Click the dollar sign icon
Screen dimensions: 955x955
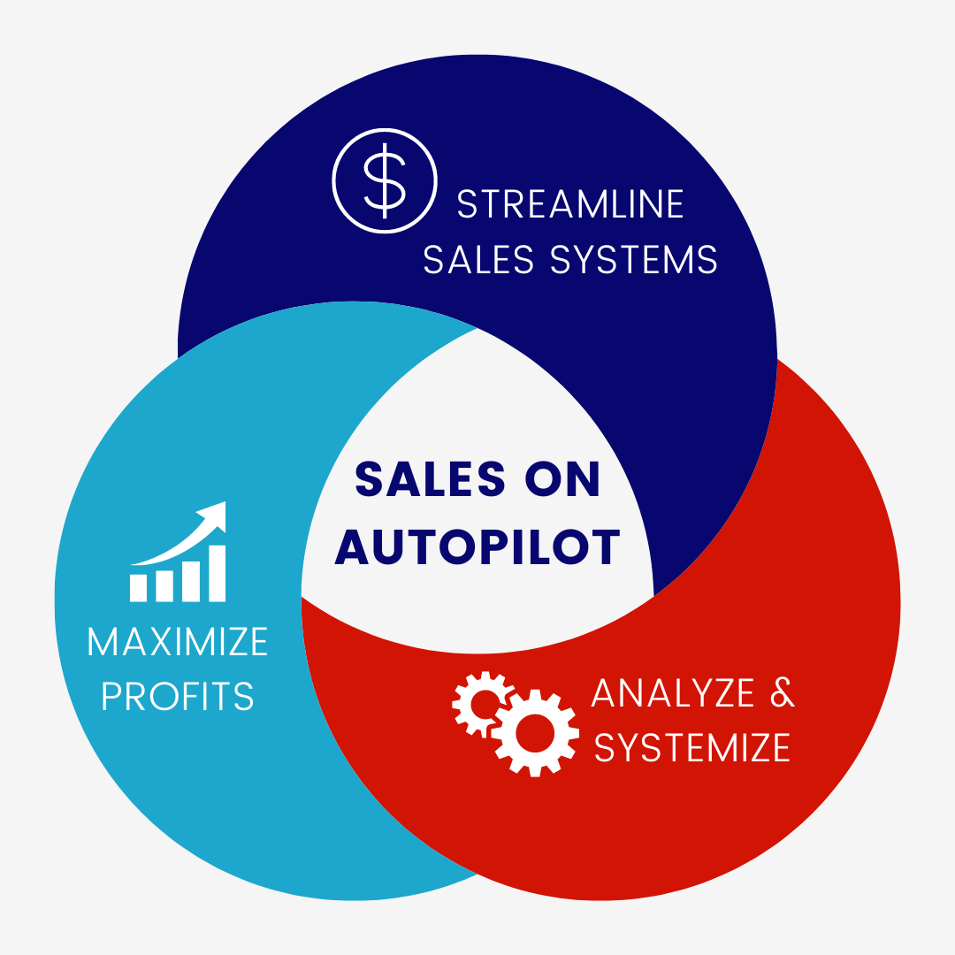click(x=384, y=180)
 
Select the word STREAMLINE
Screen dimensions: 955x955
click(x=570, y=204)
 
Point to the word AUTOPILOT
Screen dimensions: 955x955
click(x=477, y=546)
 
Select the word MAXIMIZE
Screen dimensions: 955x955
click(x=178, y=641)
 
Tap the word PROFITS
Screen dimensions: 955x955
click(x=178, y=697)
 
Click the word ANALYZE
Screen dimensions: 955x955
click(x=673, y=693)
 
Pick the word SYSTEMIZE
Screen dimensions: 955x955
click(x=692, y=748)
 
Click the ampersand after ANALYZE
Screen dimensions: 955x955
click(x=783, y=693)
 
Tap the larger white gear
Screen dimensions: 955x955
click(x=534, y=731)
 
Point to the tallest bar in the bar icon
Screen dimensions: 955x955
click(x=217, y=573)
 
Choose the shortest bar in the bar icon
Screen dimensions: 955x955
click(x=139, y=587)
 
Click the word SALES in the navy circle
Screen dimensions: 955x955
click(x=478, y=259)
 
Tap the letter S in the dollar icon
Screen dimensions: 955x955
click(x=384, y=180)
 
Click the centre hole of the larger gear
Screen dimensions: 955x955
click(x=534, y=731)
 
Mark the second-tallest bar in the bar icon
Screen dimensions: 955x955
click(x=190, y=579)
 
